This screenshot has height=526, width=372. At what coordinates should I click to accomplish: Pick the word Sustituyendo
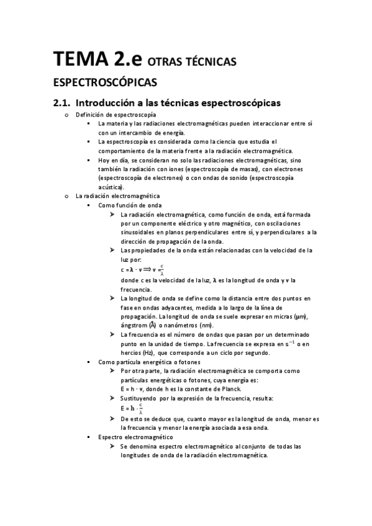pos(142,398)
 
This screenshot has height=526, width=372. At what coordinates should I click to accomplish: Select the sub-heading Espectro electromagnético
pos(129,437)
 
